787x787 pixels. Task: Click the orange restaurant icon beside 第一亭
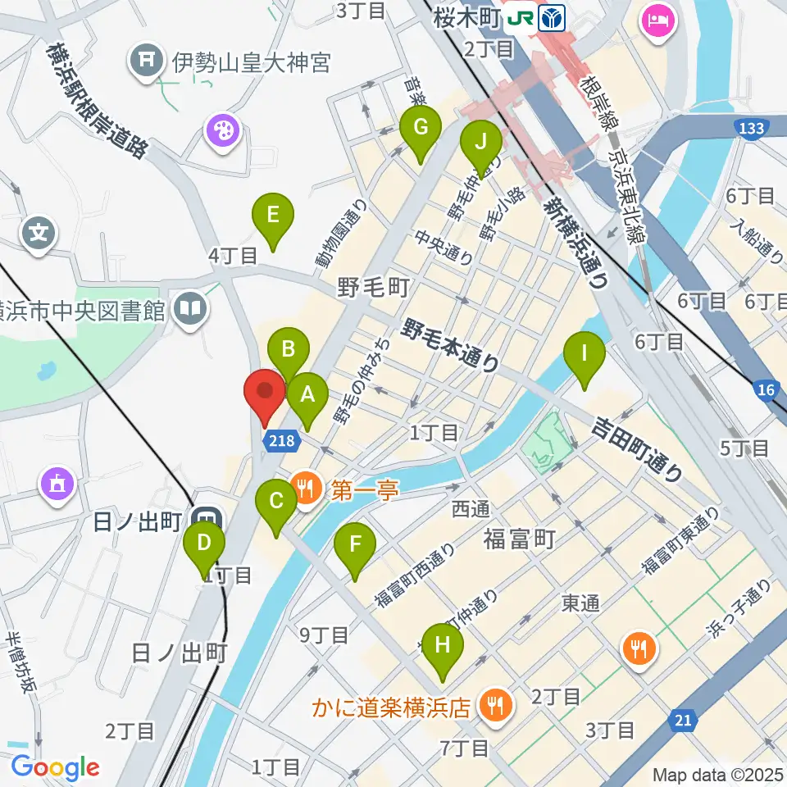[x=307, y=490]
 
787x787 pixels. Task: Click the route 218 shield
[x=280, y=441]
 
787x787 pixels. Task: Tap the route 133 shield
[x=750, y=128]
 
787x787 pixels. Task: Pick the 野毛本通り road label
[x=450, y=344]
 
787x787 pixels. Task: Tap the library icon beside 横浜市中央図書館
[x=190, y=309]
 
